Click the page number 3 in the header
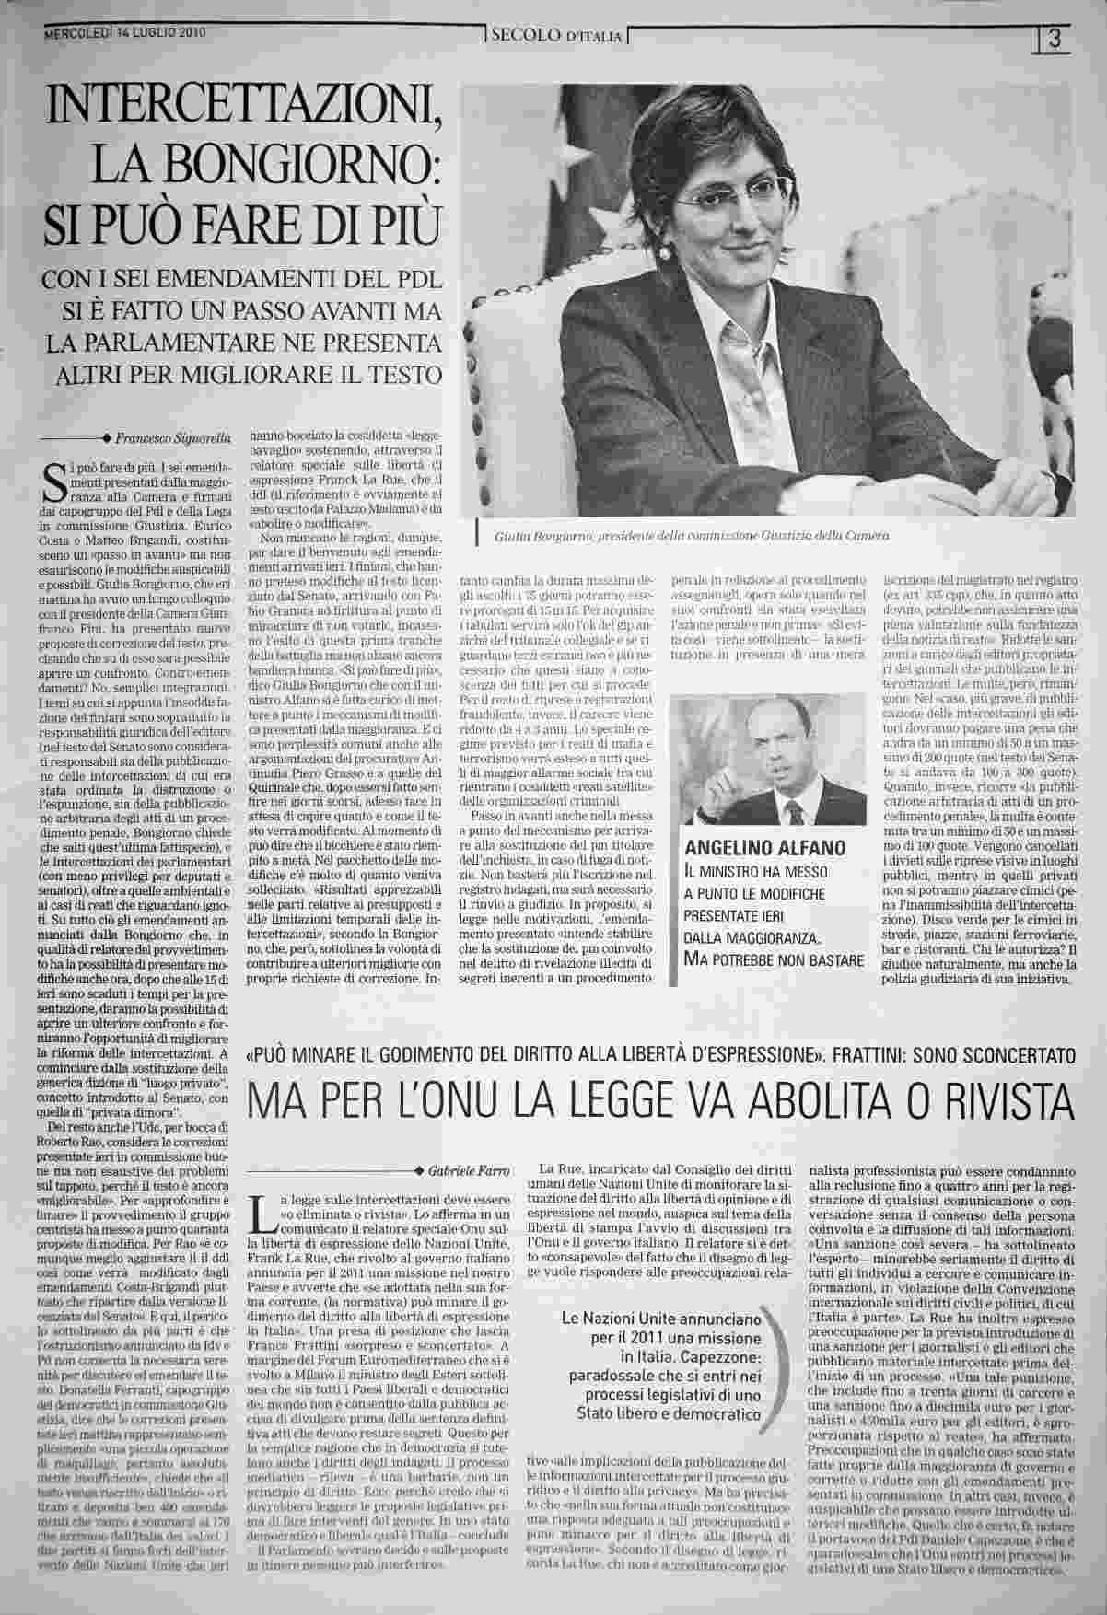[x=1055, y=39]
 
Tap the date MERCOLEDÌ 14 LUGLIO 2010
[x=126, y=31]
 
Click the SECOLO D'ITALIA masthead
[x=559, y=37]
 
